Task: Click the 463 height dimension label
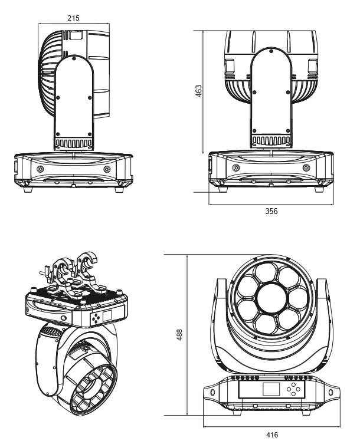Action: click(x=199, y=91)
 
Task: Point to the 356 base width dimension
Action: click(x=271, y=210)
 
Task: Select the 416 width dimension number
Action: click(x=272, y=435)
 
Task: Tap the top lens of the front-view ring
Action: click(x=272, y=271)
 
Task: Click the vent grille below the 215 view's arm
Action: click(x=74, y=143)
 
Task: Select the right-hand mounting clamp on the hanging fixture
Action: click(x=89, y=272)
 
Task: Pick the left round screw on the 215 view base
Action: click(x=40, y=169)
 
